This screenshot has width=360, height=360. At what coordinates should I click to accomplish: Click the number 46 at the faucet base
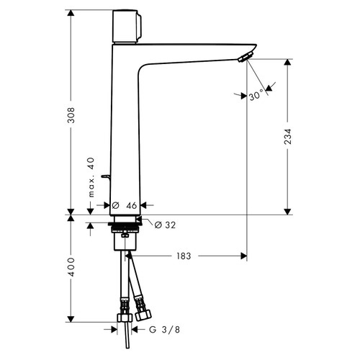[x=131, y=206]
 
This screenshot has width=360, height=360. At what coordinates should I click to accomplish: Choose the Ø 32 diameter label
[x=165, y=224]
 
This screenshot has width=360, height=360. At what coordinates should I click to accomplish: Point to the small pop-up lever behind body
[x=105, y=176]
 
